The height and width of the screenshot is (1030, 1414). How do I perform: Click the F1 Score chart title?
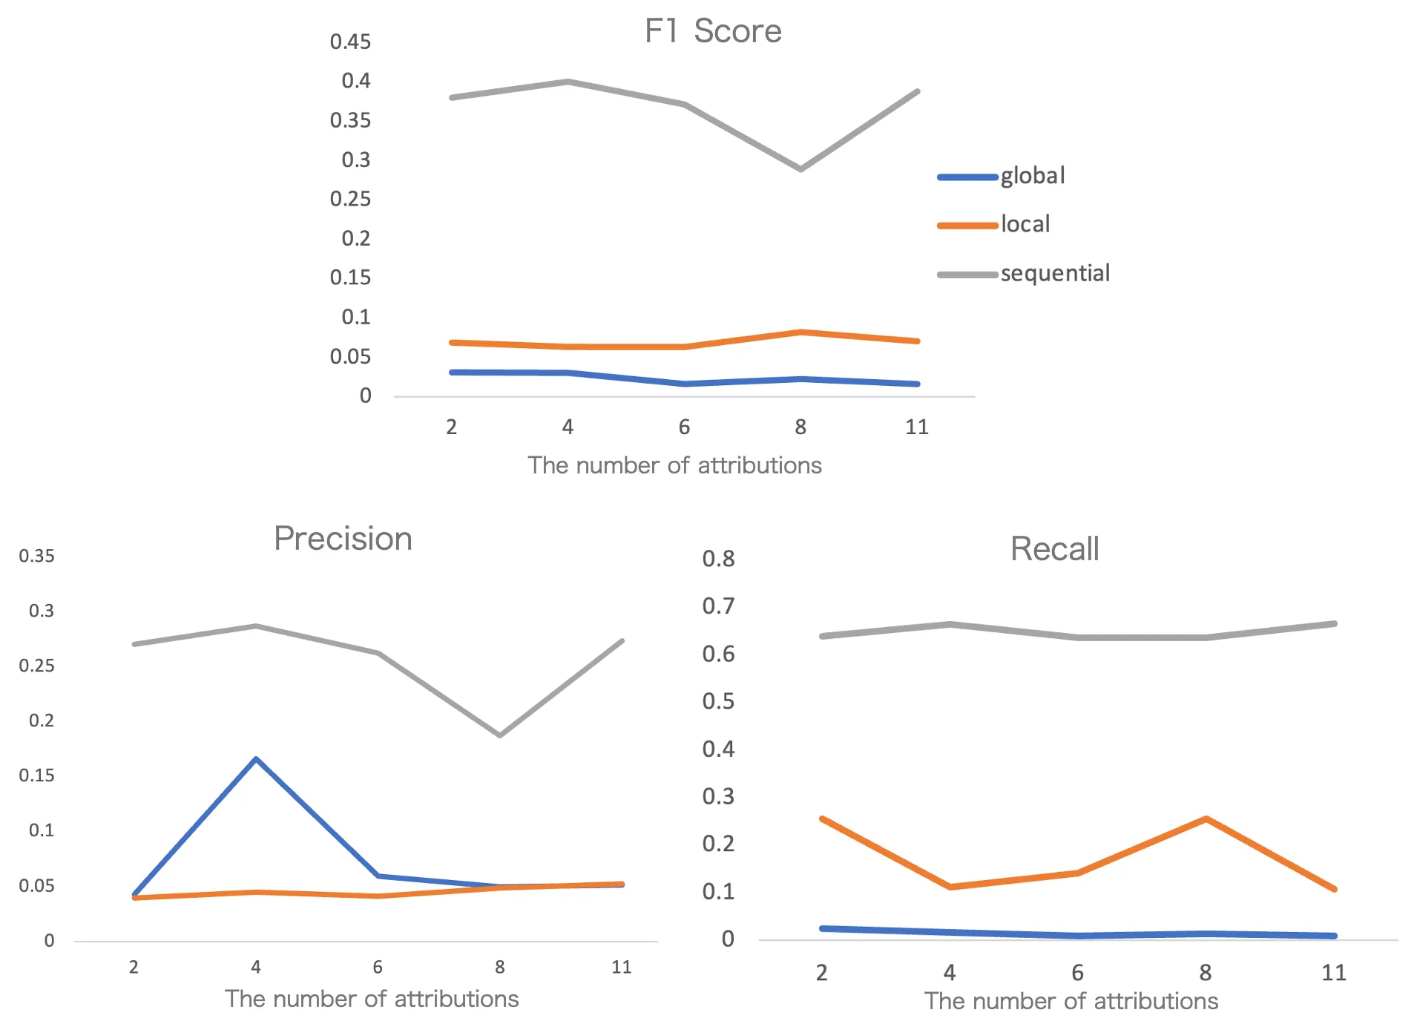click(712, 31)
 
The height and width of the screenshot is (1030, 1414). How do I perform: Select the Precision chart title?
click(343, 539)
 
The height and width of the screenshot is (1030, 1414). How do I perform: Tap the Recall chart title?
click(1054, 549)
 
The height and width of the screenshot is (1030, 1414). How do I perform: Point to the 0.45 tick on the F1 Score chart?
click(350, 42)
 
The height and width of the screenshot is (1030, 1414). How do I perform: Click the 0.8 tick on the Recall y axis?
click(718, 559)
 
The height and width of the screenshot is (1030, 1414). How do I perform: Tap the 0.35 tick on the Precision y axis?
click(37, 556)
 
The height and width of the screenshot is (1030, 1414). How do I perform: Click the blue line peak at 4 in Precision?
click(256, 758)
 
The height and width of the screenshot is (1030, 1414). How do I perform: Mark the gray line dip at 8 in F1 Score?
click(800, 169)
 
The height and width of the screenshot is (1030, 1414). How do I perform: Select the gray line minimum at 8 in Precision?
click(500, 735)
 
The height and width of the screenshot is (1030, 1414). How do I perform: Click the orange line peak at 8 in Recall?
click(1206, 819)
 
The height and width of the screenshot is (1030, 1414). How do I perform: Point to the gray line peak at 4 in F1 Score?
click(568, 81)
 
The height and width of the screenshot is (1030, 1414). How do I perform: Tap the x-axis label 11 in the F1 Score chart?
click(917, 427)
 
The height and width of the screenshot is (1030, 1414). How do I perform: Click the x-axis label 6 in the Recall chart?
click(1077, 972)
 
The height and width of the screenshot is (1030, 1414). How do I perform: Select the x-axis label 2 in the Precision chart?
click(134, 967)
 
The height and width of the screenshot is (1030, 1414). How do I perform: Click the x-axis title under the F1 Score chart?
click(674, 465)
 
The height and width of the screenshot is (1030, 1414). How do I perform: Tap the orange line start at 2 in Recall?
click(822, 819)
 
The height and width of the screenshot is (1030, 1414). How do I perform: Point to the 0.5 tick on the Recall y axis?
click(718, 701)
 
